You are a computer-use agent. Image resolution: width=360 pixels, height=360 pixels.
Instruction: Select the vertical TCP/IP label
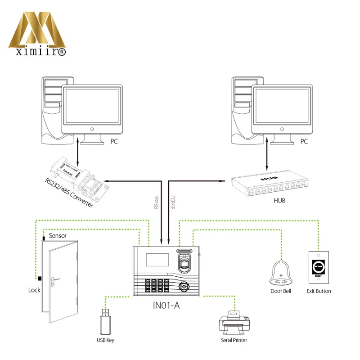(173, 203)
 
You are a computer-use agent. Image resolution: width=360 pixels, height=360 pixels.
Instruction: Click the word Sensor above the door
(58, 235)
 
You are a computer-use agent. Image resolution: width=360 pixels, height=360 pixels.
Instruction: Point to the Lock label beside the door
(34, 290)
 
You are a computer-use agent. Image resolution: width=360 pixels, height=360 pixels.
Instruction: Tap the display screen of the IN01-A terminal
(153, 261)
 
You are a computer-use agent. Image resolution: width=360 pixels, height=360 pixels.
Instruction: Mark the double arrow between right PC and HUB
(269, 155)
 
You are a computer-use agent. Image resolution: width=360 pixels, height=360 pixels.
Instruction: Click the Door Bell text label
(281, 291)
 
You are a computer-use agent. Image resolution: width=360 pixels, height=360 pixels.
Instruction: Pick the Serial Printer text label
(234, 340)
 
